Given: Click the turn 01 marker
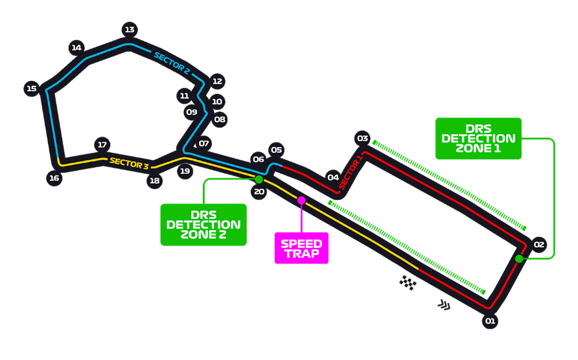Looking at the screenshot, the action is tap(490, 321).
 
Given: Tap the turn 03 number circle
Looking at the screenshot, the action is tap(362, 139).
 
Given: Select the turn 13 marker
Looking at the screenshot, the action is tap(130, 30).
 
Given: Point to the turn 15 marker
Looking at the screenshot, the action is tap(32, 89).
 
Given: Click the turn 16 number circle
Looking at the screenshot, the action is tap(54, 178).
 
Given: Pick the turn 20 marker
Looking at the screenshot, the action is tap(259, 192).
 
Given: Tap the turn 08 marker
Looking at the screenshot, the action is tap(219, 119).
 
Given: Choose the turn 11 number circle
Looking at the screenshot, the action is tap(184, 96).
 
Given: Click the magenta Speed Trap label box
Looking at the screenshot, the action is tap(301, 249).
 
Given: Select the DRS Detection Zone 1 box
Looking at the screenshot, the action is tap(478, 139).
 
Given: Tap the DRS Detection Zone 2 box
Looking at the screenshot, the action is tap(203, 225).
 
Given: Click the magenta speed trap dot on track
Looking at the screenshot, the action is tap(301, 201).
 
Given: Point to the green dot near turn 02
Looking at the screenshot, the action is tap(519, 259).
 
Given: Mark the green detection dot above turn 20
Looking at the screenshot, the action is tap(259, 179).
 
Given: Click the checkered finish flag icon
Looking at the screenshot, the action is tap(408, 282).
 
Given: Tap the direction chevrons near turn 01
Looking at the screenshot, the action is tap(444, 305).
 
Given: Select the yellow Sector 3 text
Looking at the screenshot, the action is tap(129, 163).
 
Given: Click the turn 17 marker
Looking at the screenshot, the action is tap(102, 145).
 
